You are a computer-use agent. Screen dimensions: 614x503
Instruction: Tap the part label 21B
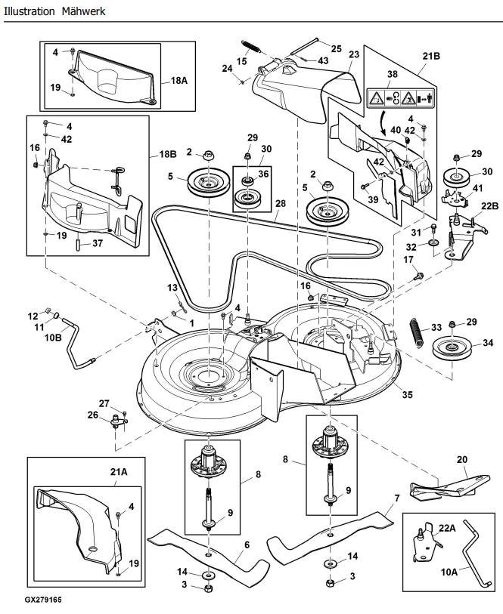pos(430,56)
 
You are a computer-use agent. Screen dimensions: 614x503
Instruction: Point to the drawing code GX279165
pos(42,600)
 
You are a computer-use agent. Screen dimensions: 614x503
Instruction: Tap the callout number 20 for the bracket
pos(462,459)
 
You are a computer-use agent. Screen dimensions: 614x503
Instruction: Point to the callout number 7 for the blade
pos(396,498)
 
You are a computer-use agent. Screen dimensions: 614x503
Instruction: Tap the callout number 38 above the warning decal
pos(391,74)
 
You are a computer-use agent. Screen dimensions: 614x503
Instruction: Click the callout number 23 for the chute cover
pos(354,54)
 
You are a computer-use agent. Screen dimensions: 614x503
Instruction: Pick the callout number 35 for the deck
pos(408,393)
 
